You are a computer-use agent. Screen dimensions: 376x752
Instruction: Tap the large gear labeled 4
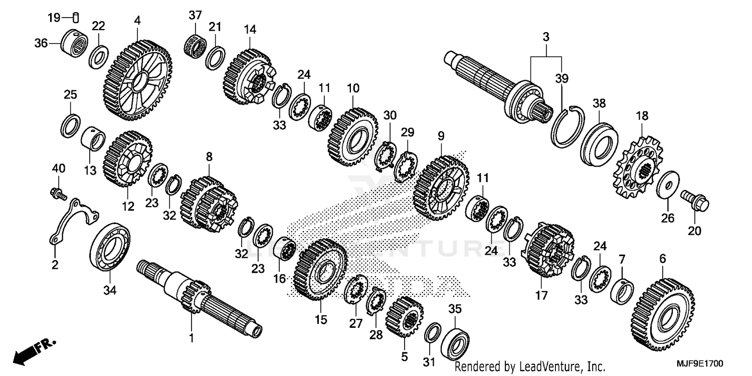coord(138,80)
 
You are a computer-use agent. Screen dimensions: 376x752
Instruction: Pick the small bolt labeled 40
coord(58,193)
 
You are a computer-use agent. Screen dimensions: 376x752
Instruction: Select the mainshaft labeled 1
coord(201,301)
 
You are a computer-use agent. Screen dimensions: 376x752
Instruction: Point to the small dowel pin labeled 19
coord(76,18)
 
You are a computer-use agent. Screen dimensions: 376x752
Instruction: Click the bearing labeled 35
coord(455,341)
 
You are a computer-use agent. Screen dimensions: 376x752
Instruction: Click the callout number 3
coord(545,37)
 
